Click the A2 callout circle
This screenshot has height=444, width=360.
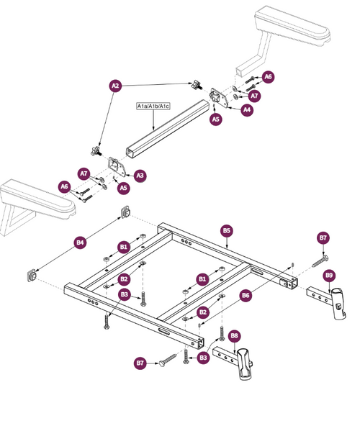pos(115,85)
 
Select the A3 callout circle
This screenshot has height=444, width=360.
pos(140,175)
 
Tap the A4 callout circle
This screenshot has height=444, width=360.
pos(247,110)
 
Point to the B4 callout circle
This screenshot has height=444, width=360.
pos(80,243)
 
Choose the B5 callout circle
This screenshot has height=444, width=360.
pos(226,231)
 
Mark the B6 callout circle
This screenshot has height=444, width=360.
pos(246,295)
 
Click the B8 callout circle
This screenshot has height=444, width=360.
pos(235,335)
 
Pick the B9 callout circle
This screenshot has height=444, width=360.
pos(329,275)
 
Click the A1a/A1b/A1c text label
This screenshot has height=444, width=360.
pos(153,106)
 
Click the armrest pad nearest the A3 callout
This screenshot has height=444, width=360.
pos(36,198)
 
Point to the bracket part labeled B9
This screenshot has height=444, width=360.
pos(328,301)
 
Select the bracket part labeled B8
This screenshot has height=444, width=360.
pos(241,363)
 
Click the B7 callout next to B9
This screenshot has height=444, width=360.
pos(323,238)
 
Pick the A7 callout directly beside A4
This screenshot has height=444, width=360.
pos(254,95)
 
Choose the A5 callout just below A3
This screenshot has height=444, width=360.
pos(123,188)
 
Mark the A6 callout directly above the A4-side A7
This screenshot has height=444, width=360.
pos(268,76)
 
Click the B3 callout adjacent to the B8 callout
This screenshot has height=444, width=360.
pos(204,358)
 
